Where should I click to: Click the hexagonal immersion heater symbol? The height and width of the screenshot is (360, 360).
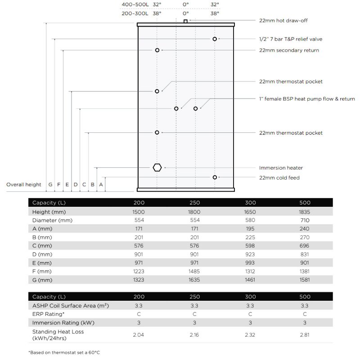[x=157, y=167]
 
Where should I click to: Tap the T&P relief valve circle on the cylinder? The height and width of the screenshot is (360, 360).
[x=215, y=39]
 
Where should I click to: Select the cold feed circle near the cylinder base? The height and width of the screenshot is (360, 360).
[x=215, y=177]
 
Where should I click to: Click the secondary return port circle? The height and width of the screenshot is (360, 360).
[x=157, y=50]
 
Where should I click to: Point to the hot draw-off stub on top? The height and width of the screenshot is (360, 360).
[x=185, y=21]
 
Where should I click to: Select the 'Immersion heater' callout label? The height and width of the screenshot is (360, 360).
[x=281, y=168]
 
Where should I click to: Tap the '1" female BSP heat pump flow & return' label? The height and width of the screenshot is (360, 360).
[x=307, y=99]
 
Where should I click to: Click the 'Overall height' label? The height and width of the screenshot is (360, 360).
[x=23, y=184]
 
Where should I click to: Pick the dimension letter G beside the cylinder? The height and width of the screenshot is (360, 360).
[x=50, y=184]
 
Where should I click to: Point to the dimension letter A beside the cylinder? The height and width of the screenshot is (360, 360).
[x=101, y=184]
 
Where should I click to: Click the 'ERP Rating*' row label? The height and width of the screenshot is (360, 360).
[x=48, y=314]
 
